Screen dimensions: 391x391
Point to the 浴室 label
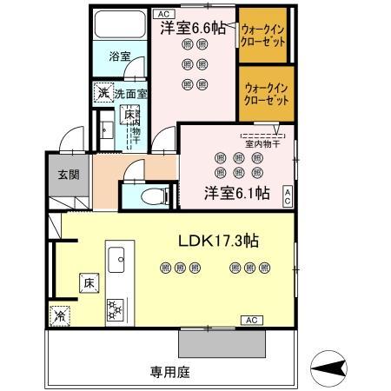(x=119, y=56)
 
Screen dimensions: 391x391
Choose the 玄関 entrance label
(x=69, y=174)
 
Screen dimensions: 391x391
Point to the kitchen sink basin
(x=117, y=258)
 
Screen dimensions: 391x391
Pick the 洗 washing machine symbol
(x=102, y=93)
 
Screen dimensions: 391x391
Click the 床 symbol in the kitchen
(x=89, y=282)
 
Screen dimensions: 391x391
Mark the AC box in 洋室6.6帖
(x=162, y=14)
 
